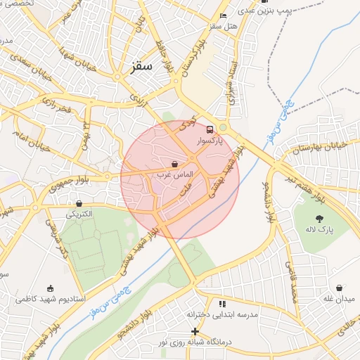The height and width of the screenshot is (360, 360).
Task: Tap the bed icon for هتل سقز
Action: click(223, 15)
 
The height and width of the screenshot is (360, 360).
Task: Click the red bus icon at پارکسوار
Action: click(209, 129)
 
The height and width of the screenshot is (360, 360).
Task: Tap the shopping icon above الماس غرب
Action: click(174, 164)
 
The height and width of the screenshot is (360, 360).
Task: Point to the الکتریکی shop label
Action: click(79, 213)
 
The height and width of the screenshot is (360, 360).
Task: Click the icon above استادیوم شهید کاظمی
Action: click(49, 288)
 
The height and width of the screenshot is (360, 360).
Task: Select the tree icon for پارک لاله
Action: click(320, 219)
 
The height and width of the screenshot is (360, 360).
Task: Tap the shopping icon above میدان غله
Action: click(340, 288)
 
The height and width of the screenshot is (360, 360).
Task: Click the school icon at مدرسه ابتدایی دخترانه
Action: click(222, 304)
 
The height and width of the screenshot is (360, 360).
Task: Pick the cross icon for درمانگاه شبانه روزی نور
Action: click(195, 331)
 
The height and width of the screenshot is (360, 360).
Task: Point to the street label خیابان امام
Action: click(31, 145)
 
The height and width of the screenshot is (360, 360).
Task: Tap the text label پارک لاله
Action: click(320, 230)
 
